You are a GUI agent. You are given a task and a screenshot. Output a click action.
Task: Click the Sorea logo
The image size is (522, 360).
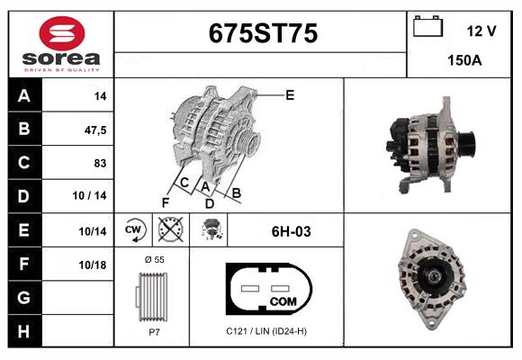click(x=58, y=44)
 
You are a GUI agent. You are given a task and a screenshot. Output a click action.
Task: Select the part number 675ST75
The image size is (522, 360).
click(x=263, y=33)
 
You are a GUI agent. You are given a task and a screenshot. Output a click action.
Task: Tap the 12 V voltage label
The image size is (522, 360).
click(x=481, y=31)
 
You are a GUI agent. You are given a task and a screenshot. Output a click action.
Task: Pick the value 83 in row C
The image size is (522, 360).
click(x=100, y=163)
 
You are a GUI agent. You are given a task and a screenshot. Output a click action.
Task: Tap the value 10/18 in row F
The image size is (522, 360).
click(x=93, y=265)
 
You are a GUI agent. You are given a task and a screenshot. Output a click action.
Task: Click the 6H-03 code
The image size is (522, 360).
click(x=291, y=231)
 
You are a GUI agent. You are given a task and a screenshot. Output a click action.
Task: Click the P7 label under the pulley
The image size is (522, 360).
click(x=154, y=331)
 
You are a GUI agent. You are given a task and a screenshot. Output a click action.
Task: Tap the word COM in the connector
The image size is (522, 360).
click(x=283, y=300)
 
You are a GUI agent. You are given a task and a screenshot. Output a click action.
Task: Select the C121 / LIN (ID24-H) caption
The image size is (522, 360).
click(x=267, y=331)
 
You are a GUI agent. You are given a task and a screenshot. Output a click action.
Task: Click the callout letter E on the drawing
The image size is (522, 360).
click(x=290, y=94)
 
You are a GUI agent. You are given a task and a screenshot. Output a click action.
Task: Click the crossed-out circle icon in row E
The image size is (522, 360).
click(x=169, y=230)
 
